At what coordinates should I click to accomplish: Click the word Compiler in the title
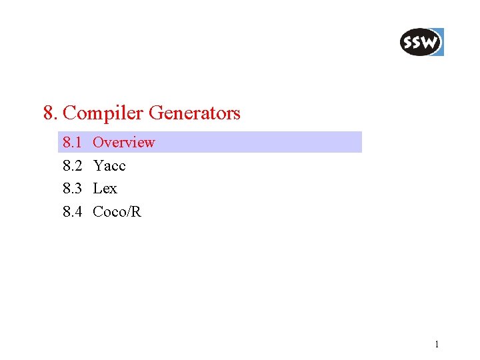(x=103, y=113)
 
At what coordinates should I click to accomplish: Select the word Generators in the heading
(x=194, y=113)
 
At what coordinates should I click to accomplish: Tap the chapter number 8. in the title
(x=50, y=113)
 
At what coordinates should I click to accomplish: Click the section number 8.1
(x=72, y=143)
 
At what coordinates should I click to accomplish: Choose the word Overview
(x=124, y=143)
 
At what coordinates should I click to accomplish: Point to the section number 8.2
(x=72, y=166)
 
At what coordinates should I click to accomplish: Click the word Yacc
(x=109, y=166)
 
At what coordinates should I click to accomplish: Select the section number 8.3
(x=72, y=189)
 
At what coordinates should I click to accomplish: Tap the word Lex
(x=105, y=189)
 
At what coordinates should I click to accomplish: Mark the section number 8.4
(x=72, y=213)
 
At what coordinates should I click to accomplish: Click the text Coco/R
(x=117, y=213)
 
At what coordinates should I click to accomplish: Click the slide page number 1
(x=437, y=345)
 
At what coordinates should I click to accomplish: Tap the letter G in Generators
(x=155, y=113)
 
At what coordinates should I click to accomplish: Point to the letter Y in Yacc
(x=98, y=166)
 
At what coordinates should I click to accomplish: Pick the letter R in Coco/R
(x=137, y=213)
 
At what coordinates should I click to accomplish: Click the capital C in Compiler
(x=69, y=113)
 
